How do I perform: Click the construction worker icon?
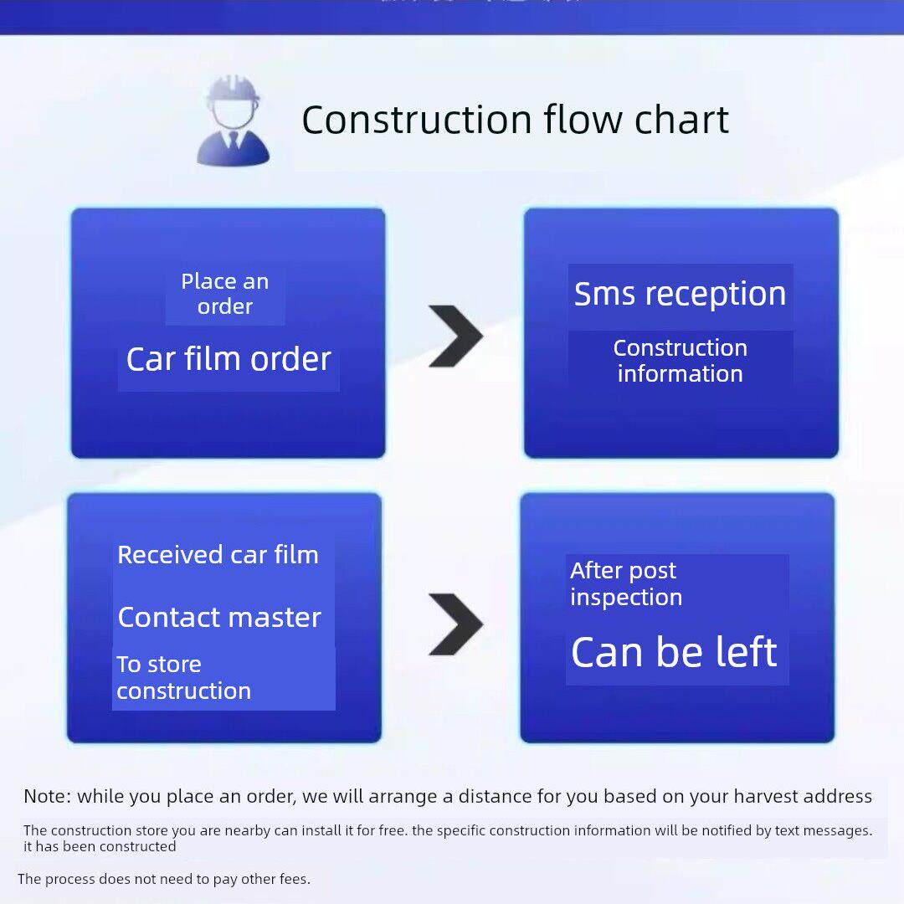click(233, 121)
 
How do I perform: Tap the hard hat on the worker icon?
click(233, 90)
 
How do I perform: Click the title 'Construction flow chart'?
click(515, 120)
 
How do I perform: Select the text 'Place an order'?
click(225, 294)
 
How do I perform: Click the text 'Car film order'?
click(229, 359)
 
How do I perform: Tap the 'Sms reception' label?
click(680, 294)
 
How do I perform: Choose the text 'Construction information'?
click(680, 361)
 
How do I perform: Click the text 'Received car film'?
click(218, 555)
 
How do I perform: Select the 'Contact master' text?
click(219, 618)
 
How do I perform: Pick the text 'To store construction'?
click(183, 677)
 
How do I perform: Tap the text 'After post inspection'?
click(625, 583)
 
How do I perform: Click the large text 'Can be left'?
click(674, 653)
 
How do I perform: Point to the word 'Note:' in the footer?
click(47, 797)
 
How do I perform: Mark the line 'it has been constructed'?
click(100, 846)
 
